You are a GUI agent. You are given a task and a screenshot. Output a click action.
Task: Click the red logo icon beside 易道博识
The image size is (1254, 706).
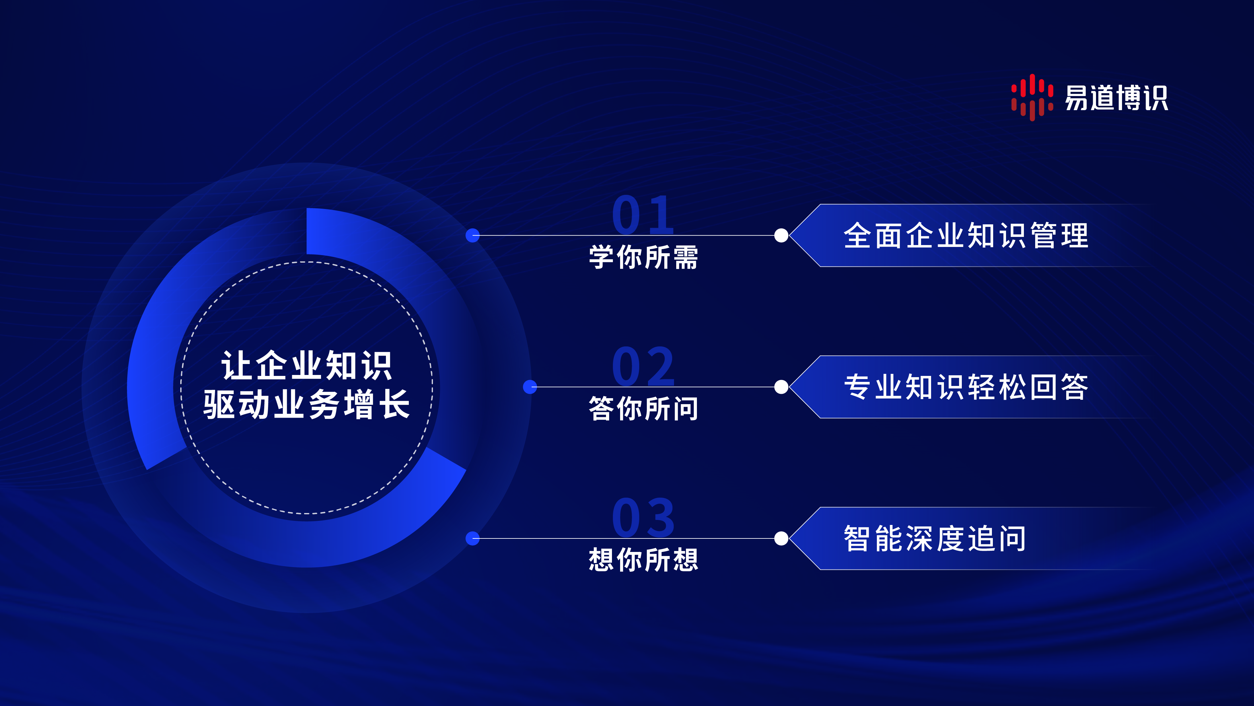(x=1032, y=98)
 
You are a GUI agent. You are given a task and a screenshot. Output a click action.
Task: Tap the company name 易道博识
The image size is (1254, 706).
(x=1116, y=98)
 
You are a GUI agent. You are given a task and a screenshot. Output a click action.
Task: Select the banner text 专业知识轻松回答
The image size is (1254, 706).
(x=966, y=387)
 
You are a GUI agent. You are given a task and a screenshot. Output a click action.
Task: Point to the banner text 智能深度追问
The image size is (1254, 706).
(x=935, y=538)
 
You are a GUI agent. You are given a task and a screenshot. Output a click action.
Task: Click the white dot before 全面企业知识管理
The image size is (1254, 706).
(x=781, y=235)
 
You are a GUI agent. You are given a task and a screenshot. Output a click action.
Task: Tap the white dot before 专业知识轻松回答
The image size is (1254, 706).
(x=781, y=387)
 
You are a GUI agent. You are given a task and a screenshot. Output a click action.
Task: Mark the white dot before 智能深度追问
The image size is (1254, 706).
(x=781, y=538)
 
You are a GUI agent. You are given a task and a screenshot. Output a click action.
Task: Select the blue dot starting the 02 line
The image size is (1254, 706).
(x=530, y=387)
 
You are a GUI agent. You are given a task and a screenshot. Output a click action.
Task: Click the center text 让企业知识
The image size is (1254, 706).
(x=307, y=366)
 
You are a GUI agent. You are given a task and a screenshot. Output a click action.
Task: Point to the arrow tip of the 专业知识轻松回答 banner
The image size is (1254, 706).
(x=790, y=387)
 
